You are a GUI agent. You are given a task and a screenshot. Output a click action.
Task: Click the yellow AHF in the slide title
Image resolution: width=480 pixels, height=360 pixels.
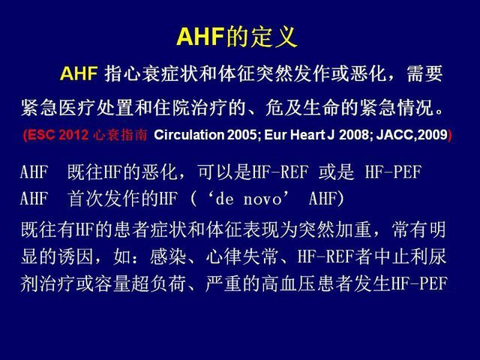click(200, 37)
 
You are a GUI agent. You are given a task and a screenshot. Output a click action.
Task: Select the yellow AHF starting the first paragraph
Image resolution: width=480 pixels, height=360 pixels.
click(79, 73)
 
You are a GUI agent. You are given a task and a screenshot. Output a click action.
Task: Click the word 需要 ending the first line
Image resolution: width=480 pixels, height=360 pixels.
click(424, 73)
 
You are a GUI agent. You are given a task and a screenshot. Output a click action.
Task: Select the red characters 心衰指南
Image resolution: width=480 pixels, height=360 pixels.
click(120, 135)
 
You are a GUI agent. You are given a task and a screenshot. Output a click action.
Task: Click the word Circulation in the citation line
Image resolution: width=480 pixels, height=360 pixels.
click(189, 135)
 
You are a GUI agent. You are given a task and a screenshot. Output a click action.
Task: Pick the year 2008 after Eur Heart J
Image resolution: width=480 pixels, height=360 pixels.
click(355, 135)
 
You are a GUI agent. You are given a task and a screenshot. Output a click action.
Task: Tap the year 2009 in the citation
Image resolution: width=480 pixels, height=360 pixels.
click(433, 135)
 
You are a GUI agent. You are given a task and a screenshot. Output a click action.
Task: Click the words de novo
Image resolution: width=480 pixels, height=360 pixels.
click(248, 199)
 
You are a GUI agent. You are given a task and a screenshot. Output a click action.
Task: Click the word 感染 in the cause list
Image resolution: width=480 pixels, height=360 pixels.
click(168, 256)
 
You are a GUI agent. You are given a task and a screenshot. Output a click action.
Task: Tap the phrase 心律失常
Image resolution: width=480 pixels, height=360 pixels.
click(241, 256)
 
